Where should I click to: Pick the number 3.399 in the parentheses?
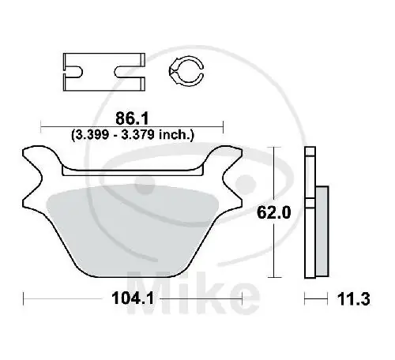tap(92, 135)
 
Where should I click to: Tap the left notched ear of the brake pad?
tap(36, 170)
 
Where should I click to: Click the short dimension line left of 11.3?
tap(315, 298)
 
